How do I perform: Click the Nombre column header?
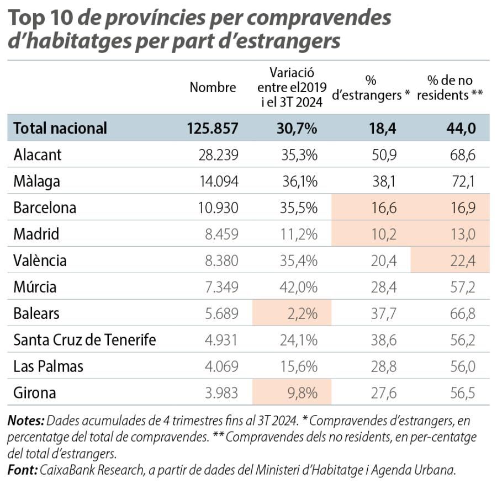point(213,87)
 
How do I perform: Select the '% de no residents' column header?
point(450,87)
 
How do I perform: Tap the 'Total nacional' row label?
point(60,128)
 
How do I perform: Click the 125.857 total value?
point(213,128)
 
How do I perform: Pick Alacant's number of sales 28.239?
point(218,155)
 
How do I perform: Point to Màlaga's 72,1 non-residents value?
point(462,182)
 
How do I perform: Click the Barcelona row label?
point(45,208)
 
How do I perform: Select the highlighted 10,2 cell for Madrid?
point(384,235)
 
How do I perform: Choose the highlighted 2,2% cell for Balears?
point(303,313)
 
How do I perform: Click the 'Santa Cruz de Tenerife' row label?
point(84,340)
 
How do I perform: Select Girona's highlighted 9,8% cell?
point(303,393)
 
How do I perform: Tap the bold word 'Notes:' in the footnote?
point(25,421)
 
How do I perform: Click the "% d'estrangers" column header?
point(371,87)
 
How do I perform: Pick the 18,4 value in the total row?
point(383,128)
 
